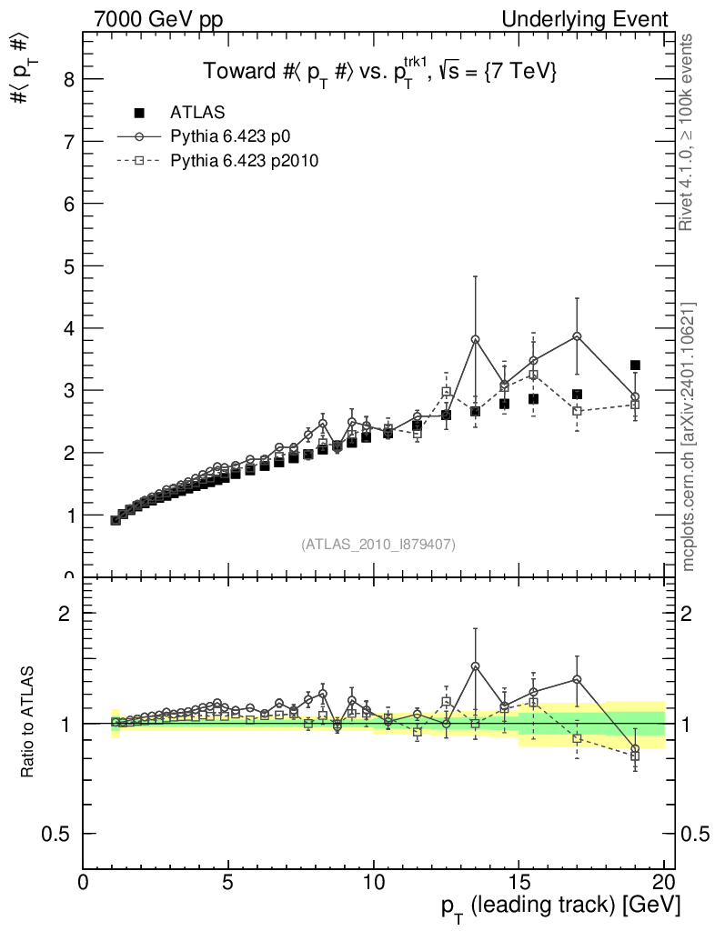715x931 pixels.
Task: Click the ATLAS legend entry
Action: click(197, 113)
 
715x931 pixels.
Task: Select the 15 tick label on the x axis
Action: click(519, 884)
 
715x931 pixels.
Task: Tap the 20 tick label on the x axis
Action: click(663, 884)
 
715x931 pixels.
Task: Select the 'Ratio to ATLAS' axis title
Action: click(28, 723)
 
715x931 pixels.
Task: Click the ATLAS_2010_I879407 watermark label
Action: click(378, 544)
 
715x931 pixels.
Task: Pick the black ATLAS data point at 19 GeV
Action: click(635, 365)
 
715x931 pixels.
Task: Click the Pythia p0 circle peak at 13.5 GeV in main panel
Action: click(475, 339)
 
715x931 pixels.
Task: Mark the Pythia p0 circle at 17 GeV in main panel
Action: click(577, 335)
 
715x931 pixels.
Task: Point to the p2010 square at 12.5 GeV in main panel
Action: click(446, 392)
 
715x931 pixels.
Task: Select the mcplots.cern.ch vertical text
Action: click(688, 436)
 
